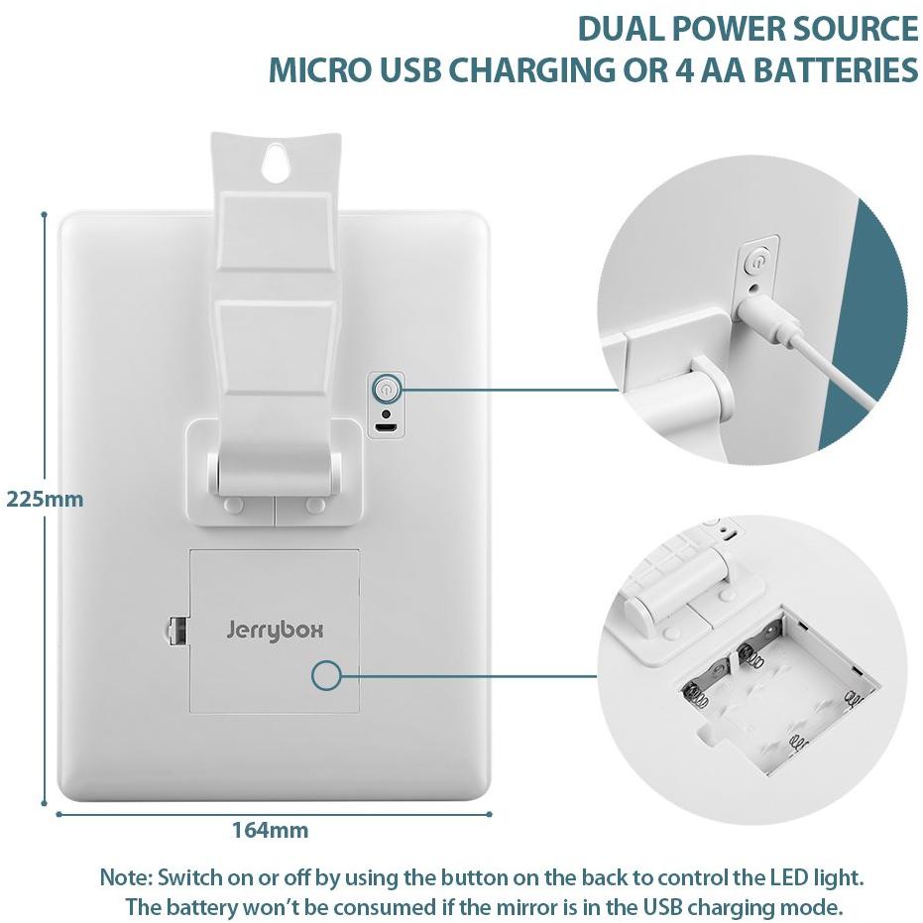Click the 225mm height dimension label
pyautogui.click(x=45, y=500)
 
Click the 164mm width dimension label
pyautogui.click(x=271, y=830)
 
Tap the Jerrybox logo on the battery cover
pyautogui.click(x=275, y=631)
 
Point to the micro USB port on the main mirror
pyautogui.click(x=386, y=427)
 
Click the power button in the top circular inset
pyautogui.click(x=757, y=262)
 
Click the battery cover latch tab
pyautogui.click(x=176, y=631)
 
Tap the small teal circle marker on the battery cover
pyautogui.click(x=327, y=675)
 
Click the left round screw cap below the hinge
pyautogui.click(x=234, y=505)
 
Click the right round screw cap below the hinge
pyautogui.click(x=315, y=505)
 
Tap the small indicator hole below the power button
pyautogui.click(x=386, y=412)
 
